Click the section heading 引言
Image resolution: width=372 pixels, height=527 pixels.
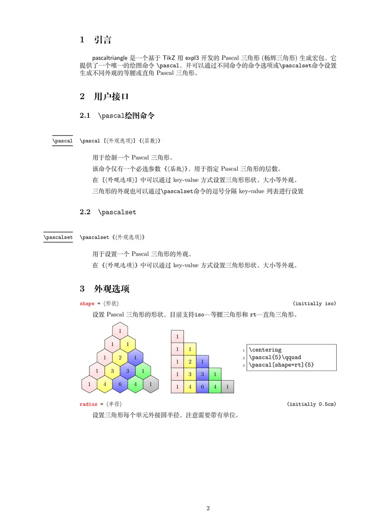click(x=102, y=40)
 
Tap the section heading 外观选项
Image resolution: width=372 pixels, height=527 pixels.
click(x=111, y=289)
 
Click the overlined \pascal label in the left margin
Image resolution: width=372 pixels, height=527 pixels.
click(x=62, y=141)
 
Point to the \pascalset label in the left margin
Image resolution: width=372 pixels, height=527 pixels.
click(x=58, y=237)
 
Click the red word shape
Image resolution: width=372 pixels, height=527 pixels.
click(x=87, y=304)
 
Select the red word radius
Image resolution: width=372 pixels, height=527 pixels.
click(x=88, y=404)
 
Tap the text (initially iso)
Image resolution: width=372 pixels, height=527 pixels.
click(x=314, y=304)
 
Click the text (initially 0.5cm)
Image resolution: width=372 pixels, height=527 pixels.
click(x=311, y=404)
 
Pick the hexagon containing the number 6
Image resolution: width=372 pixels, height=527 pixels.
click(x=120, y=385)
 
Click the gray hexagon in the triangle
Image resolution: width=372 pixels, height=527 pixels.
click(x=150, y=385)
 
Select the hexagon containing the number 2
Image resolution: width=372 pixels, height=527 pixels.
click(x=120, y=358)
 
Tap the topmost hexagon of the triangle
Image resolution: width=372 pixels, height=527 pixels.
click(x=120, y=331)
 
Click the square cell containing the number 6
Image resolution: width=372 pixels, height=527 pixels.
click(x=202, y=386)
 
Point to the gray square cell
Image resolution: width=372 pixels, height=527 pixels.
click(x=227, y=386)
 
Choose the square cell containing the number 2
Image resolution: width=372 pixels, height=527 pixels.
click(x=190, y=362)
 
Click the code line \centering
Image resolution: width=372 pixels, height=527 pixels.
click(x=265, y=350)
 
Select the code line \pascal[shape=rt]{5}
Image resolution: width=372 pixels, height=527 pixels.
click(x=281, y=365)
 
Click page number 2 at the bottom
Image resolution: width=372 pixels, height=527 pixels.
click(x=208, y=508)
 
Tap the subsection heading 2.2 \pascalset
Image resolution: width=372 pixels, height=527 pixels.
click(x=108, y=212)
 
